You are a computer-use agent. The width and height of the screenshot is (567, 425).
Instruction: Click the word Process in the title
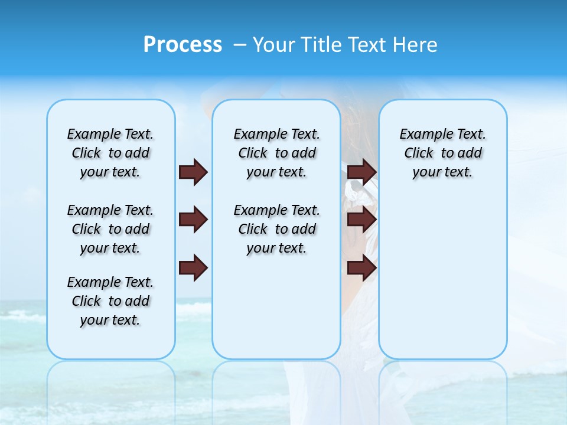click(183, 45)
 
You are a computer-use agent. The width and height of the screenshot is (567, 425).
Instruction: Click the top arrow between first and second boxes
click(193, 172)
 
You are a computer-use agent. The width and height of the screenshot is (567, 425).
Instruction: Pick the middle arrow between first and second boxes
click(193, 220)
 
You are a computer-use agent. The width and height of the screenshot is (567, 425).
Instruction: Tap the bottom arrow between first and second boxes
click(193, 268)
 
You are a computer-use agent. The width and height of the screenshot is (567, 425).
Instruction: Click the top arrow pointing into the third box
click(361, 172)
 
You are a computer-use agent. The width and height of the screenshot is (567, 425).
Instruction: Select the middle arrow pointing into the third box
click(361, 220)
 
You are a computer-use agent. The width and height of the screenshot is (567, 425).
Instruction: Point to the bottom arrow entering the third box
click(361, 268)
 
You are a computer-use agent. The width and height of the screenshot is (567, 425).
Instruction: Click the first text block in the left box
click(110, 153)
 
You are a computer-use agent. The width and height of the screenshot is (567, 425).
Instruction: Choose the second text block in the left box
click(110, 229)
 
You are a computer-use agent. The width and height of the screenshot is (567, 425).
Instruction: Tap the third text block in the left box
click(110, 301)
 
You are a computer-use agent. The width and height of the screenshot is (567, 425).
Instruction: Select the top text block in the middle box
click(276, 153)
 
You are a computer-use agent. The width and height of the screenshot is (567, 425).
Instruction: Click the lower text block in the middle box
click(276, 229)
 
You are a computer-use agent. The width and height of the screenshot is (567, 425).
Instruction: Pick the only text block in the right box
click(442, 153)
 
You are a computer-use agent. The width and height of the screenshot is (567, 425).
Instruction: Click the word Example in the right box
click(422, 135)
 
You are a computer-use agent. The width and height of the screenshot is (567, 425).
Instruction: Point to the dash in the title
click(240, 45)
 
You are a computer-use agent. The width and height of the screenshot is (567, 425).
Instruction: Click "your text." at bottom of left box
click(110, 320)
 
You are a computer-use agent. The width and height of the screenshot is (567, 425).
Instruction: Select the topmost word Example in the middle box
click(256, 135)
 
